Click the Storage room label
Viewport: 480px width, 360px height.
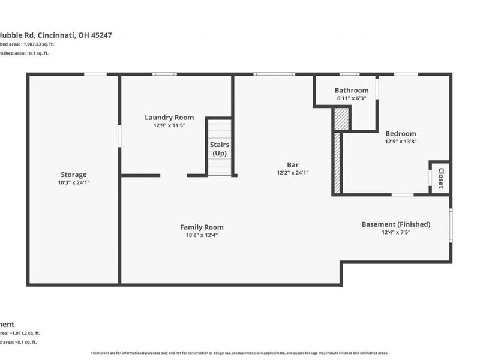tap(73, 175)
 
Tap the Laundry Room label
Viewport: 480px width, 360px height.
tap(169, 118)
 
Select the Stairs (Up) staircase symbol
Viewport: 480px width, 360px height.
tap(220, 147)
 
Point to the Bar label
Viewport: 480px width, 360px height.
tap(293, 164)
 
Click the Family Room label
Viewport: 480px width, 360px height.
tap(202, 227)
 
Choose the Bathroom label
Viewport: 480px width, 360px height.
tap(352, 91)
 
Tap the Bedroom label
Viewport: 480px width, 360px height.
tap(400, 134)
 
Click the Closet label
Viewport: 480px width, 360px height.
tap(441, 178)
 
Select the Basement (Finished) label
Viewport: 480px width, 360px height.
tap(396, 224)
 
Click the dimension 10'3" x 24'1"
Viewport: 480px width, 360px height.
tap(73, 182)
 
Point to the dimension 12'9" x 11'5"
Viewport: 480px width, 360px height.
tap(169, 125)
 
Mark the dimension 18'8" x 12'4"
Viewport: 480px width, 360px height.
tap(202, 235)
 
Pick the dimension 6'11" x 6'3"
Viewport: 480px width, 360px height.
tap(352, 98)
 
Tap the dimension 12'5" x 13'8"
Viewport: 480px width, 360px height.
tap(400, 142)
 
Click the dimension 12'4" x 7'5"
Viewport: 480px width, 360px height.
tap(396, 232)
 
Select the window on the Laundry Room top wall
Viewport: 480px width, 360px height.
tap(164, 74)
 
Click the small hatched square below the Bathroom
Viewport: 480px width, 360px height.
tap(341, 118)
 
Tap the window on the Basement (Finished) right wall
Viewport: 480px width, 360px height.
tap(451, 226)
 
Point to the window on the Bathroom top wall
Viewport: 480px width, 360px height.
tap(350, 74)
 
